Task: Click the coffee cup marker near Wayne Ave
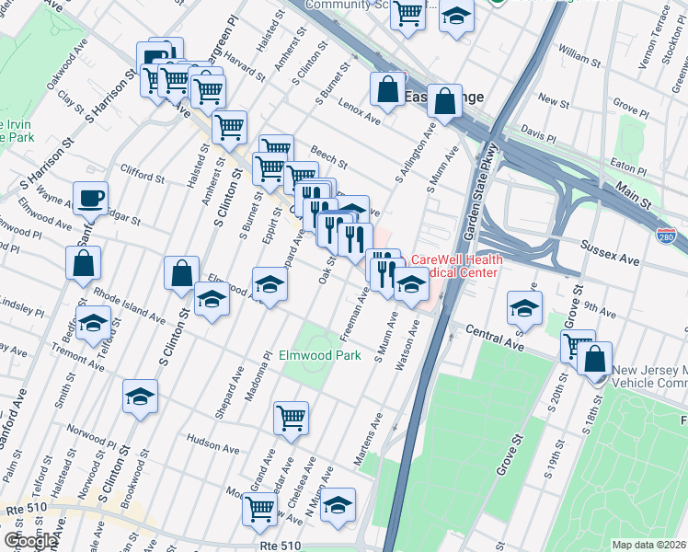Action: click(x=91, y=199)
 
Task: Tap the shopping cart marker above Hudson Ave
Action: click(x=292, y=419)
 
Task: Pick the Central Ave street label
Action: click(x=495, y=338)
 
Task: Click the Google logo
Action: click(x=29, y=541)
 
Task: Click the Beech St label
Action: click(x=327, y=156)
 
